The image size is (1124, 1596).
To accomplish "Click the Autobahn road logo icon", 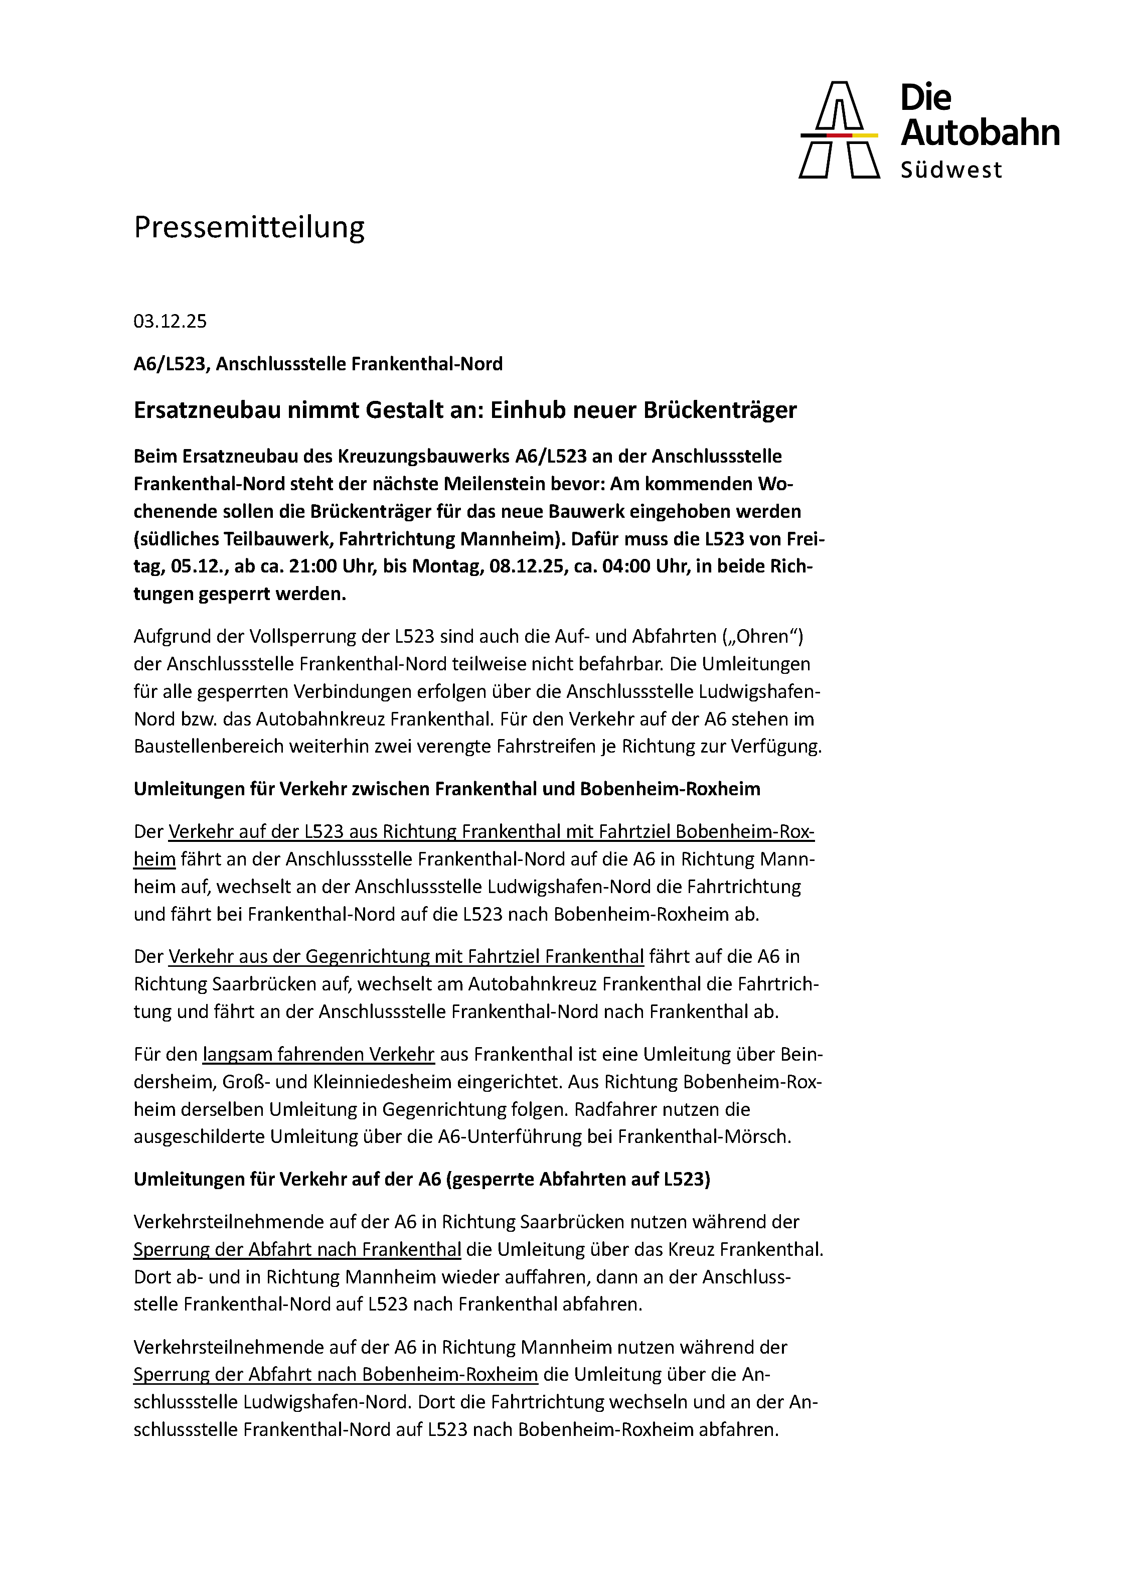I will click(x=839, y=130).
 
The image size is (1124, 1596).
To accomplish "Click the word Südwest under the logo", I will click(x=951, y=170).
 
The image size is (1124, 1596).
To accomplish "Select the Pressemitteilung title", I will click(x=249, y=227).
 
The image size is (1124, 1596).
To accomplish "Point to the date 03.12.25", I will click(x=170, y=321).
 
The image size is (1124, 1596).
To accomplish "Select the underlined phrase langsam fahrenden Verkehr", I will click(x=318, y=1055).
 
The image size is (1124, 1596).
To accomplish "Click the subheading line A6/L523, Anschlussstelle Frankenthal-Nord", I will click(x=317, y=364).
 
